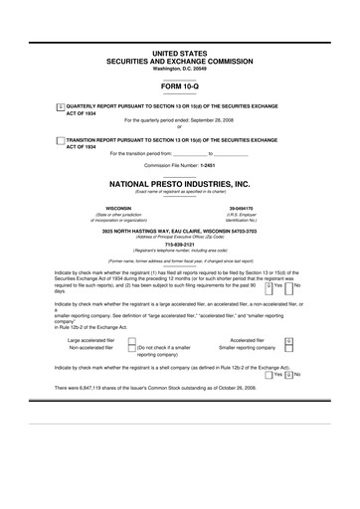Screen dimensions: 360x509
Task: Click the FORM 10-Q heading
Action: coord(180,86)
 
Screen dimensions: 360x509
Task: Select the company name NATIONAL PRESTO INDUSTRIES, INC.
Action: coord(180,184)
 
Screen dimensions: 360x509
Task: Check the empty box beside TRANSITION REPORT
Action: coord(60,140)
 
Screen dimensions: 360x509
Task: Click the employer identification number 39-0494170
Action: coord(243,208)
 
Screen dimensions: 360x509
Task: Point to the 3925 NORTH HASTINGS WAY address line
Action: coord(180,230)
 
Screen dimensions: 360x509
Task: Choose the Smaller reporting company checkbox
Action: coord(287,349)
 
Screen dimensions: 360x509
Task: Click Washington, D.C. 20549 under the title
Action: coord(180,67)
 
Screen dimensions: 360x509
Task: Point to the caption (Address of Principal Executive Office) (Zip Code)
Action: coord(180,236)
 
